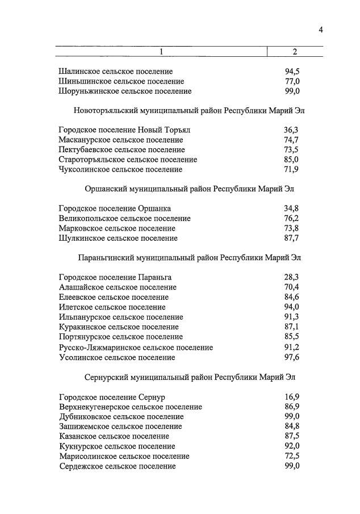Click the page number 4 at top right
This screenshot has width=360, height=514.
[x=320, y=30]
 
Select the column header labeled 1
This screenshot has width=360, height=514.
[x=161, y=52]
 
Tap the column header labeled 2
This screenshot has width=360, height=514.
[x=295, y=52]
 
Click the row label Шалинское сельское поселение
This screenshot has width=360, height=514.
[x=116, y=72]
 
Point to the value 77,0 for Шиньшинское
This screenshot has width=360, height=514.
[x=292, y=81]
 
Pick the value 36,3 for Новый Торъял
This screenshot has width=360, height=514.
[x=292, y=130]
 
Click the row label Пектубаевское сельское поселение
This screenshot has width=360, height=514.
[x=122, y=150]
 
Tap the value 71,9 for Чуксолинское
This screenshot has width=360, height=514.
[x=292, y=169]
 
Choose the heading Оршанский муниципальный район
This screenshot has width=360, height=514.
[x=189, y=189]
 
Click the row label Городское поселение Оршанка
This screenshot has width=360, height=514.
[x=115, y=208]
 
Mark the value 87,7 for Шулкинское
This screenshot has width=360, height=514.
[x=292, y=238]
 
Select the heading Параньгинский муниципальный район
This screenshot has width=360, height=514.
[x=189, y=258]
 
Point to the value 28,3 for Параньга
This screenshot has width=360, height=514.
[x=292, y=277]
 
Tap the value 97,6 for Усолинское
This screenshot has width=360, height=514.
[x=292, y=357]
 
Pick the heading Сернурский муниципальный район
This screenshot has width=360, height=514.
[x=189, y=377]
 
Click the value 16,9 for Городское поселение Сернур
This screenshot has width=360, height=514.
[x=292, y=397]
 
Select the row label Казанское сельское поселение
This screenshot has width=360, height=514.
[x=114, y=436]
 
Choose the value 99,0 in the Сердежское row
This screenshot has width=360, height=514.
[x=292, y=466]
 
